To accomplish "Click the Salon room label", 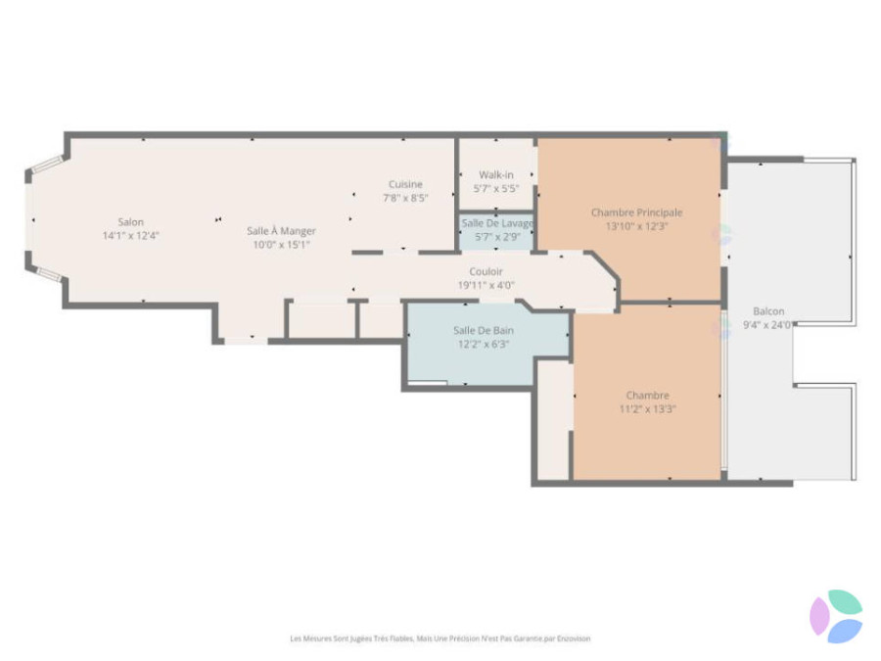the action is pos(130,222).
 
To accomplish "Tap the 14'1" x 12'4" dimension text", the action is pos(130,235).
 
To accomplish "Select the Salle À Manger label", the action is pos(281,231).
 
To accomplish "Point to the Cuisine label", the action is pos(405,184).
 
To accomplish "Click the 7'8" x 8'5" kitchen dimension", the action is pos(405,198).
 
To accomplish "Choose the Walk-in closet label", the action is pos(496,175).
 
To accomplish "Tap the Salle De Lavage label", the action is pos(497,223).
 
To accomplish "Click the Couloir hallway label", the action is pos(486,271).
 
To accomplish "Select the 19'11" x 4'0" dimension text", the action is pos(486,285).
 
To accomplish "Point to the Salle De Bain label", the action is pos(484,331).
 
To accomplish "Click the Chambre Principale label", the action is pos(636,212).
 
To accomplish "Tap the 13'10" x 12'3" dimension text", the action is pos(636,226).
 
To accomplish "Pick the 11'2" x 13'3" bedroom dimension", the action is pos(647,409).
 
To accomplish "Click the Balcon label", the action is pos(768,310).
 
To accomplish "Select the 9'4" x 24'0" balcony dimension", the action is pos(767,325).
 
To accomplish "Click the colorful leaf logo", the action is pos(836,616).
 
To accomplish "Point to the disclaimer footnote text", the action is pos(440,638).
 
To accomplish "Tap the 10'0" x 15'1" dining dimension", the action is pos(281,245).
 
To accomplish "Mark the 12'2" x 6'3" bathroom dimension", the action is pos(484,344).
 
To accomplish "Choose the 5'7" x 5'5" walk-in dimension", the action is pos(496,189).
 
